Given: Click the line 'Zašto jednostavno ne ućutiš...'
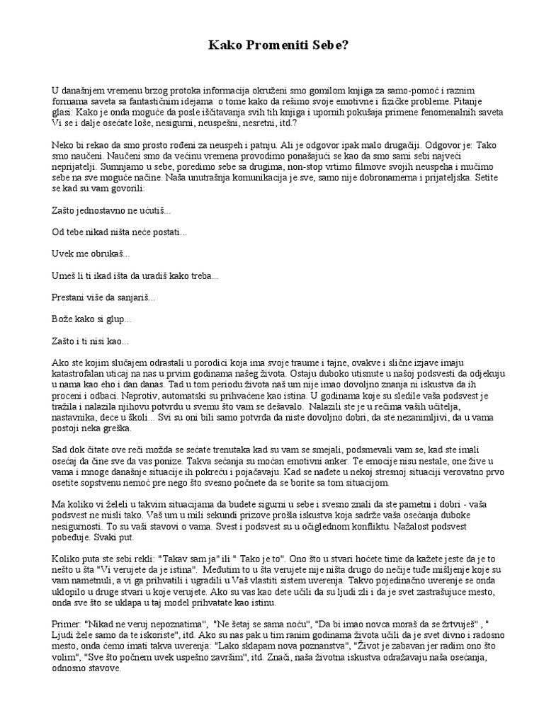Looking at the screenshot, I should [111, 211].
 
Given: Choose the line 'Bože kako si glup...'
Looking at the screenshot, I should [91, 320].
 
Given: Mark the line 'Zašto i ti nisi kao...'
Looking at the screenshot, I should [91, 341].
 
